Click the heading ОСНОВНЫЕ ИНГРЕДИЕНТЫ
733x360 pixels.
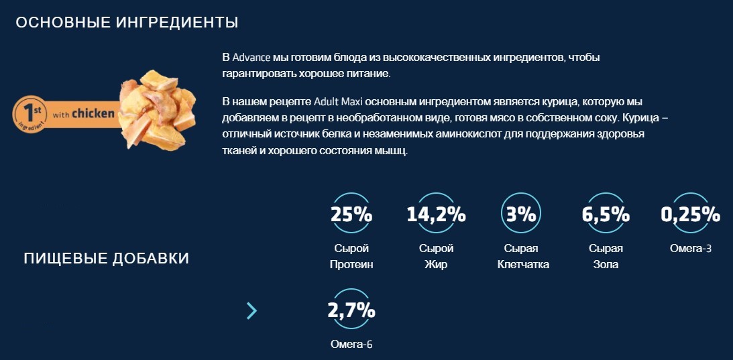click(x=127, y=23)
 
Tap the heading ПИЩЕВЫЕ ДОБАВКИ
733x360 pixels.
click(x=107, y=259)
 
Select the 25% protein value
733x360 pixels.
click(x=351, y=215)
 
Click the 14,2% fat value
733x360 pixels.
click(x=436, y=215)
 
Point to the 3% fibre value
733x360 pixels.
click(x=521, y=215)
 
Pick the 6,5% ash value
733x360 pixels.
click(x=606, y=215)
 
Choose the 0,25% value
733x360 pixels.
click(x=690, y=215)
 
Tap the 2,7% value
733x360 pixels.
click(x=351, y=311)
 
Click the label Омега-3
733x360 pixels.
click(x=690, y=249)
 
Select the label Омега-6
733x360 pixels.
click(x=351, y=345)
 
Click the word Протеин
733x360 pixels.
click(x=351, y=265)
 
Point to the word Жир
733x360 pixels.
click(x=436, y=265)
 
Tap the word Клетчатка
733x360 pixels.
click(x=523, y=265)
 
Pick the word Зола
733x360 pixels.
click(x=606, y=265)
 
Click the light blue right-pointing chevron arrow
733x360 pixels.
click(x=251, y=310)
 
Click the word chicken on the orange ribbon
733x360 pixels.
click(x=93, y=113)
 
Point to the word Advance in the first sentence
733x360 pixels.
click(x=251, y=58)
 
